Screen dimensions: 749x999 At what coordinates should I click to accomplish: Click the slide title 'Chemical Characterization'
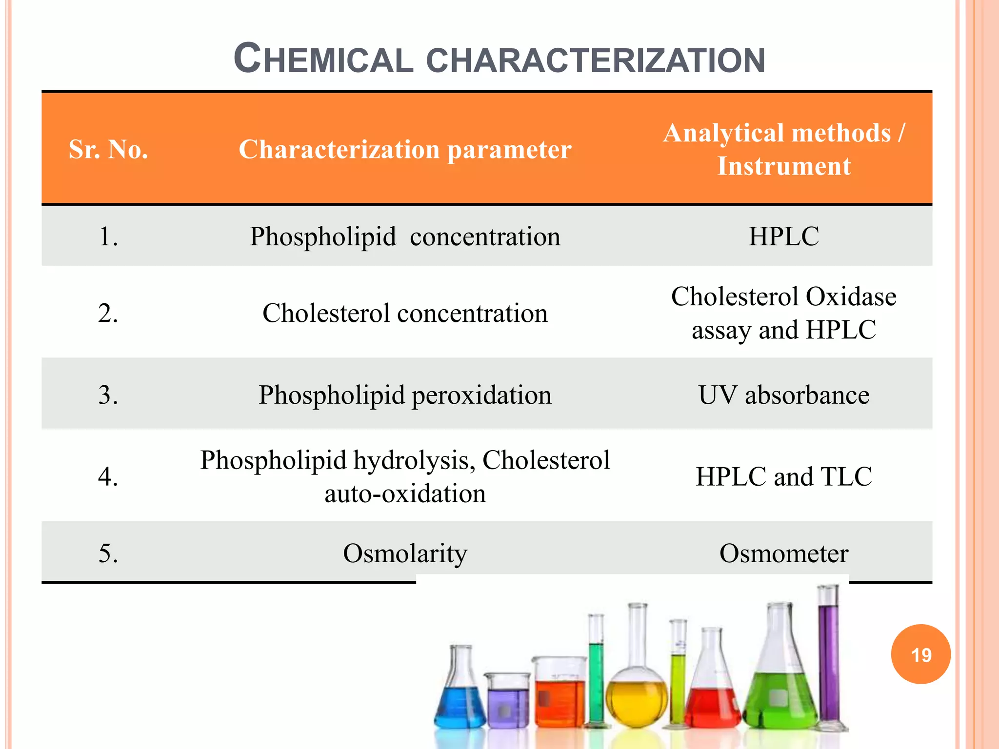pyautogui.click(x=499, y=59)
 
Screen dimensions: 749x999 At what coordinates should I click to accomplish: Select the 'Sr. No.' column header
pyautogui.click(x=108, y=149)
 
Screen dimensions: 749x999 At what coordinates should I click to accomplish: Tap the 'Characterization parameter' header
pyautogui.click(x=405, y=149)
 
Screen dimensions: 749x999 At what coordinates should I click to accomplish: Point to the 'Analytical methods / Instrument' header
pyautogui.click(x=784, y=149)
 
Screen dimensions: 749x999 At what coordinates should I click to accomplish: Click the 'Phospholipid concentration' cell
pyautogui.click(x=405, y=237)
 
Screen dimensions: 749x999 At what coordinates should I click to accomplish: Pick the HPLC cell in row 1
pyautogui.click(x=784, y=237)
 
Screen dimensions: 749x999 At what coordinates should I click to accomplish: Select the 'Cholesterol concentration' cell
pyautogui.click(x=405, y=313)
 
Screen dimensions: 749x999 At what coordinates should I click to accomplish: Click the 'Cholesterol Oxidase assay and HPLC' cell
pyautogui.click(x=784, y=313)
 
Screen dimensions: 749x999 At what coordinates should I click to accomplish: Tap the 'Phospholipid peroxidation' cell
pyautogui.click(x=405, y=394)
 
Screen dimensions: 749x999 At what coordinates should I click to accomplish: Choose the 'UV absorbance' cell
pyautogui.click(x=784, y=394)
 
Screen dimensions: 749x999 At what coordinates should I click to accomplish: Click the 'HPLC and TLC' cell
pyautogui.click(x=784, y=476)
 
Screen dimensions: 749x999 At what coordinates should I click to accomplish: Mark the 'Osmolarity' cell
pyautogui.click(x=405, y=553)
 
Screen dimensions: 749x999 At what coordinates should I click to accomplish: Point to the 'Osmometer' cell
pyautogui.click(x=784, y=553)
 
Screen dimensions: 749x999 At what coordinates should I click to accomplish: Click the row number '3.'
pyautogui.click(x=108, y=394)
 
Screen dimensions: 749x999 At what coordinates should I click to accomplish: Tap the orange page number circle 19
pyautogui.click(x=921, y=654)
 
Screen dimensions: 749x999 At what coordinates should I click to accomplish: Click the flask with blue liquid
pyautogui.click(x=459, y=697)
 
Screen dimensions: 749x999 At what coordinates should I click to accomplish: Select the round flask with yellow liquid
pyautogui.click(x=636, y=692)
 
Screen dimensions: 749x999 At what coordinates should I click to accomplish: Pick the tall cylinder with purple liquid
pyautogui.click(x=828, y=663)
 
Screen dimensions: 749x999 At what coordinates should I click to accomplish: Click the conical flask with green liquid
pyautogui.click(x=780, y=692)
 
